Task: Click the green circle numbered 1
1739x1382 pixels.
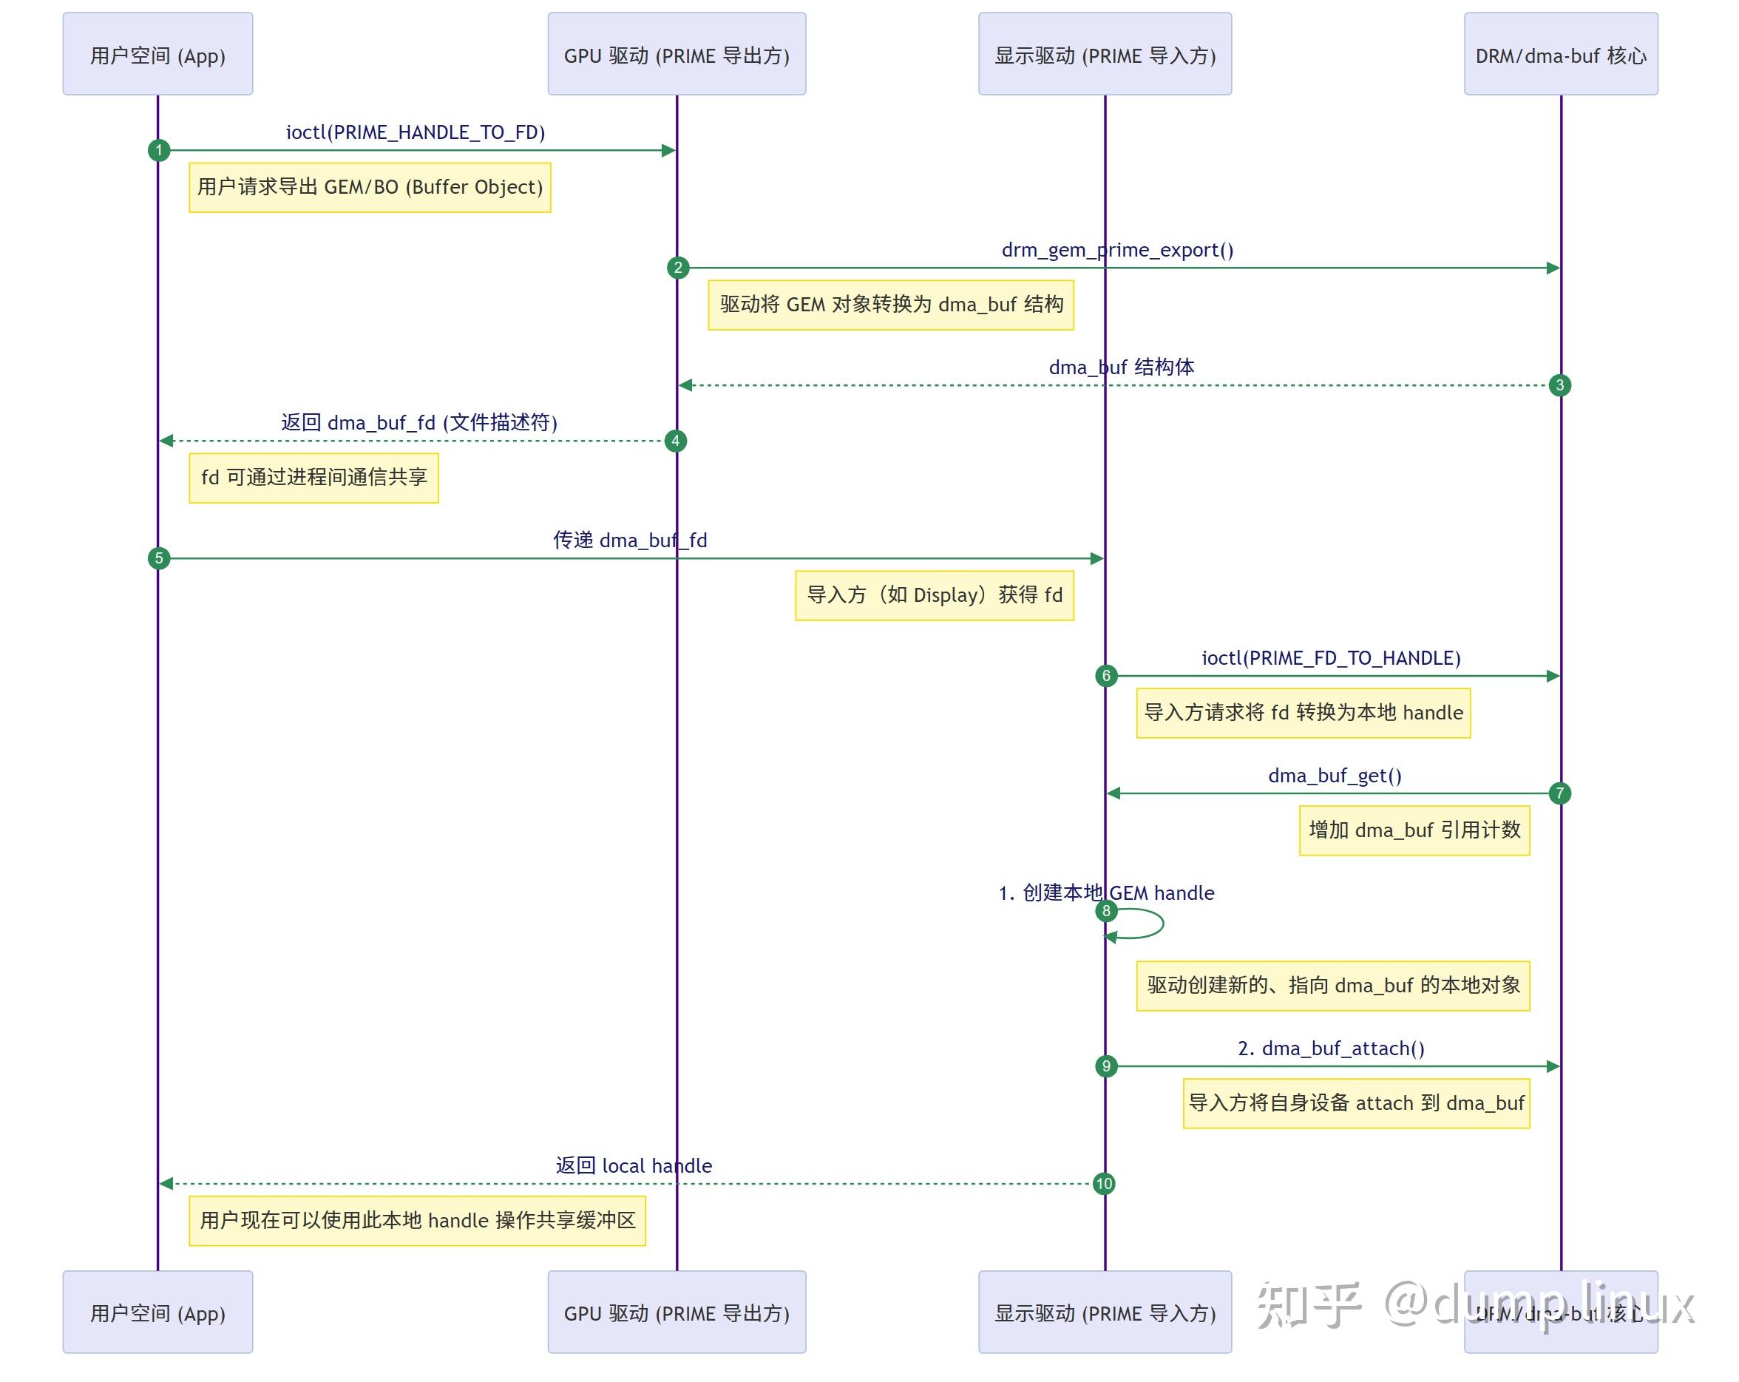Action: click(x=159, y=150)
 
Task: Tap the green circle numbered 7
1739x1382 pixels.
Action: click(x=1559, y=793)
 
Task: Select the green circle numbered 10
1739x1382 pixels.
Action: click(x=1103, y=1184)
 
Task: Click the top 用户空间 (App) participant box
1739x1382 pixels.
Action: click(x=157, y=54)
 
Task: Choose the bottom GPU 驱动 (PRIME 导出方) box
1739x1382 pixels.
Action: click(x=676, y=1312)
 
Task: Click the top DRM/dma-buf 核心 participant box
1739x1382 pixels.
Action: click(x=1560, y=54)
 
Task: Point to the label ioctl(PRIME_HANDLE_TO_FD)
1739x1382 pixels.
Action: click(x=416, y=132)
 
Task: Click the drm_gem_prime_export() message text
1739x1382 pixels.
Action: click(x=1117, y=250)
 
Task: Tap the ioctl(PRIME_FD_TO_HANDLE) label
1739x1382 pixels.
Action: click(x=1331, y=658)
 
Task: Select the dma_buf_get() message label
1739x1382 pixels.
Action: click(x=1334, y=776)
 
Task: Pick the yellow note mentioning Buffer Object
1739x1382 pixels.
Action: click(x=370, y=187)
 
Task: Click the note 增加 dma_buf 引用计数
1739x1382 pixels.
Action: click(x=1414, y=830)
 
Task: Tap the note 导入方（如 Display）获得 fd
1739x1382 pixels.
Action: click(x=934, y=595)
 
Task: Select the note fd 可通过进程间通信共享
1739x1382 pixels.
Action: click(x=313, y=478)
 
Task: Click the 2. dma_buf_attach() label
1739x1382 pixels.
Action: click(x=1331, y=1049)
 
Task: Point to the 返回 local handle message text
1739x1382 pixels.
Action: click(x=633, y=1166)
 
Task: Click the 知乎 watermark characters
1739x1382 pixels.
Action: click(x=1308, y=1305)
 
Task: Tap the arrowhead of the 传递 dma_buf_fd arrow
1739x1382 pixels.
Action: click(x=1096, y=558)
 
